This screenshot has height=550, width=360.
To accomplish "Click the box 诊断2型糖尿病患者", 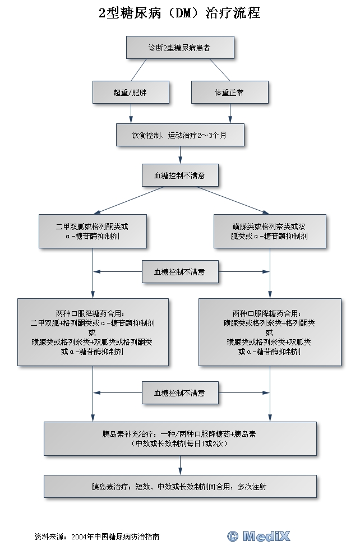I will click(x=179, y=48).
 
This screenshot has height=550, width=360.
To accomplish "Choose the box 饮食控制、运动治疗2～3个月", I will click(x=180, y=135).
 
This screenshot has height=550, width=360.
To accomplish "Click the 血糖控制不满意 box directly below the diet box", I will click(x=179, y=175).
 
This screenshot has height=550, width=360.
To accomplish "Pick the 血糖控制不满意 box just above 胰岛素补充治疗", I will click(x=179, y=392).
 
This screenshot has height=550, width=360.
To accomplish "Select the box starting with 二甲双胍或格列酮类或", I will click(x=93, y=231).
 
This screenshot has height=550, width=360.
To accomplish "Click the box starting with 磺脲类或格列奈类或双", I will click(x=270, y=231).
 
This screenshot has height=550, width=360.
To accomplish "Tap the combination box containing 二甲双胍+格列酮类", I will click(x=93, y=332).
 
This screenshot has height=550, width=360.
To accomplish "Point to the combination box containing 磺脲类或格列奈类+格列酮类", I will click(x=270, y=332).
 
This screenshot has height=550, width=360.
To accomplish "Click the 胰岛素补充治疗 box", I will click(x=180, y=438).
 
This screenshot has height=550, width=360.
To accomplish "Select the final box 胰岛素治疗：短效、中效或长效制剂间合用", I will click(x=180, y=487).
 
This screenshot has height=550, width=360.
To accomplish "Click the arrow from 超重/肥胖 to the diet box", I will click(x=131, y=114).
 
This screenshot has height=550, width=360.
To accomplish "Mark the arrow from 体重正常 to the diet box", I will click(x=229, y=114).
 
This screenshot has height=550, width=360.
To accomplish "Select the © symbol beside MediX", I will click(x=233, y=536).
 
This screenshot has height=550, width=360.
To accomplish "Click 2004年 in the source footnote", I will click(x=82, y=537).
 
